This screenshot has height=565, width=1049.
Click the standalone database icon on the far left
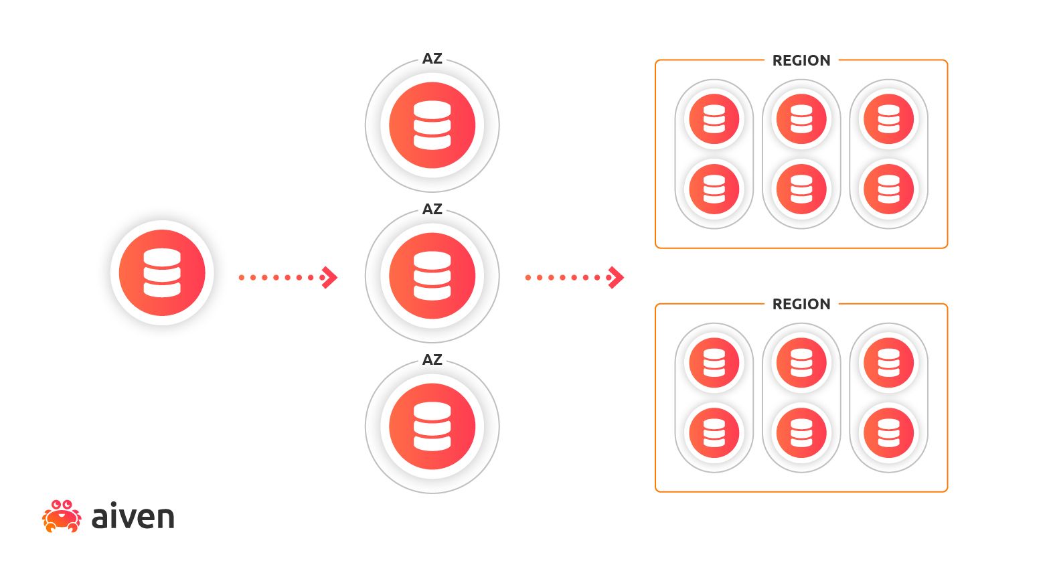click(162, 272)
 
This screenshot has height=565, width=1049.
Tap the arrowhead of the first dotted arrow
click(329, 277)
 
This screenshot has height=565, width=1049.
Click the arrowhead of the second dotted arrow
click(616, 277)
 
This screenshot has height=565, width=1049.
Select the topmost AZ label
click(432, 59)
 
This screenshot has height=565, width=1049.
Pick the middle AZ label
click(432, 210)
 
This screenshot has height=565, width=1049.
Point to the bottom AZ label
click(432, 360)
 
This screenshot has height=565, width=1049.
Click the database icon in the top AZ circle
click(432, 125)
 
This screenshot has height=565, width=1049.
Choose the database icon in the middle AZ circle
click(432, 276)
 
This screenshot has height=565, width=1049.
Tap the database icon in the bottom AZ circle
click(432, 426)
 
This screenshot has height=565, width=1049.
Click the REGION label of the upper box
click(801, 61)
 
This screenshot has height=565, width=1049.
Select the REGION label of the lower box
click(801, 305)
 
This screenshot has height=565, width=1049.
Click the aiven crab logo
click(62, 516)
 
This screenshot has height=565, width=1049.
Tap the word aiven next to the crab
click(133, 517)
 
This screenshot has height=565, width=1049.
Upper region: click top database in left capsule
click(714, 119)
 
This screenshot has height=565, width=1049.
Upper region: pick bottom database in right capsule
click(888, 189)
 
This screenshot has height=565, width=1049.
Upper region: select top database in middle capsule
click(801, 119)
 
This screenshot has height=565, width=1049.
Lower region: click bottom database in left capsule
click(714, 432)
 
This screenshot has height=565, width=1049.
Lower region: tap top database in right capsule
click(888, 363)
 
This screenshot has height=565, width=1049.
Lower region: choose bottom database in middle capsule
click(801, 432)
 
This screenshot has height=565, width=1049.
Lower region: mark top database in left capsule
click(714, 363)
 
